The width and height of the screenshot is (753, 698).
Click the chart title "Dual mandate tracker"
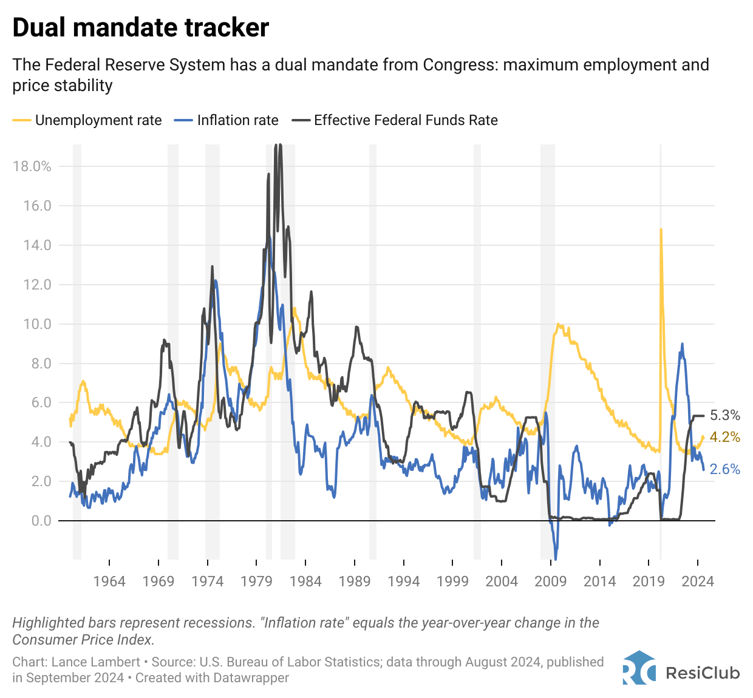(x=140, y=28)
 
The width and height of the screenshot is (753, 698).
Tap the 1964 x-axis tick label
(x=109, y=581)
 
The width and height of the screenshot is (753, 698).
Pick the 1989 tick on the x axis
(x=355, y=581)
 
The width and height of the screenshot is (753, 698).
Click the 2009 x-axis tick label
(x=550, y=581)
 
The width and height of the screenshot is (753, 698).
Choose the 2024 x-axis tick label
(x=698, y=581)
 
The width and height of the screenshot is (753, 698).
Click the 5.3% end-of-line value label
(x=725, y=416)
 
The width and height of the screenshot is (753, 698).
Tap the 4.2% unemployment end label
(x=725, y=437)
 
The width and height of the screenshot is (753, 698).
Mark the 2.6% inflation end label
(x=725, y=469)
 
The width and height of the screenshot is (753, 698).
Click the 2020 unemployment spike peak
(x=661, y=229)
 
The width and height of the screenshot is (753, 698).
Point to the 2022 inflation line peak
(x=682, y=344)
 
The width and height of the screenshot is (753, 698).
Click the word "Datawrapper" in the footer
(x=250, y=677)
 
